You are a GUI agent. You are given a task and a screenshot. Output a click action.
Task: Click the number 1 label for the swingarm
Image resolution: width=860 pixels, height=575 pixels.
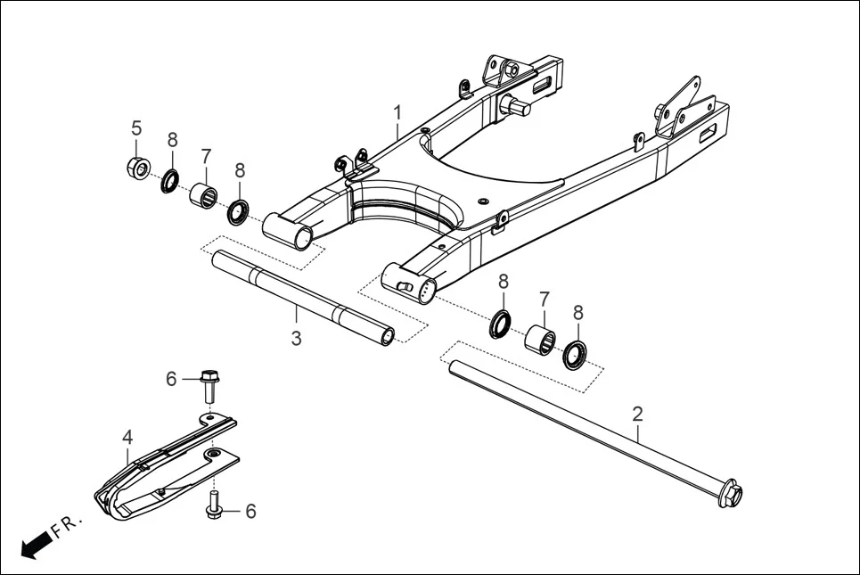tap(397, 112)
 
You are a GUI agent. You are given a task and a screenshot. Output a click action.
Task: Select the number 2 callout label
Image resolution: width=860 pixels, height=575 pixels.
tap(637, 414)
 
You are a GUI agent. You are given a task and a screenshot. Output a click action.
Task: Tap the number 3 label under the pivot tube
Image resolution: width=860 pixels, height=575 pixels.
tap(297, 339)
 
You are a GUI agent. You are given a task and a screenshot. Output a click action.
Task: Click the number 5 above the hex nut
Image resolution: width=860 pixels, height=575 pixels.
tap(136, 127)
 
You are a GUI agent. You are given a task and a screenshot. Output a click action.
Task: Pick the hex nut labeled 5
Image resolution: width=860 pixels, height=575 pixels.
tap(137, 167)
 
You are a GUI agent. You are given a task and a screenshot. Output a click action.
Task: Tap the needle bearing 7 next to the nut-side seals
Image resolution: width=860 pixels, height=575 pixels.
tap(204, 193)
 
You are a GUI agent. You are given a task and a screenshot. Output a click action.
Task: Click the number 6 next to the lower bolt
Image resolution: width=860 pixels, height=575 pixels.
tap(250, 511)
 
